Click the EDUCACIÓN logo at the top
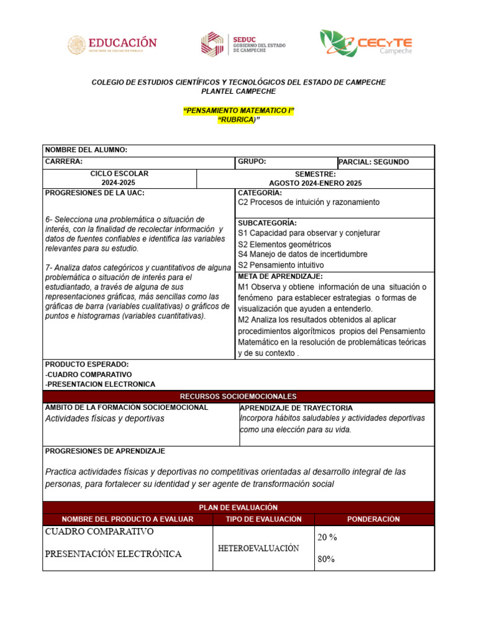click(112, 44)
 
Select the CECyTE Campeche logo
click(366, 43)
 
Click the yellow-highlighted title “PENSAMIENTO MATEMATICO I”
click(238, 111)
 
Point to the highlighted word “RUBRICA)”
click(238, 120)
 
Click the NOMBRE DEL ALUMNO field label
click(86, 150)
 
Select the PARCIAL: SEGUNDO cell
click(375, 162)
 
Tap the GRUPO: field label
click(252, 161)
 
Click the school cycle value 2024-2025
click(119, 183)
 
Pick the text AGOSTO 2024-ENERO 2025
click(315, 183)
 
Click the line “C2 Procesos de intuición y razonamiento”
click(309, 202)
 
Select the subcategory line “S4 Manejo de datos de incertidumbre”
click(302, 254)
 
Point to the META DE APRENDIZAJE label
click(280, 276)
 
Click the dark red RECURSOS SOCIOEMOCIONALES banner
click(238, 396)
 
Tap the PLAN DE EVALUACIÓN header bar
click(238, 507)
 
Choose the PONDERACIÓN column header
click(373, 519)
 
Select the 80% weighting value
click(325, 559)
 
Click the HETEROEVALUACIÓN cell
click(258, 548)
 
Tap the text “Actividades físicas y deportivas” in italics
click(105, 419)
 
